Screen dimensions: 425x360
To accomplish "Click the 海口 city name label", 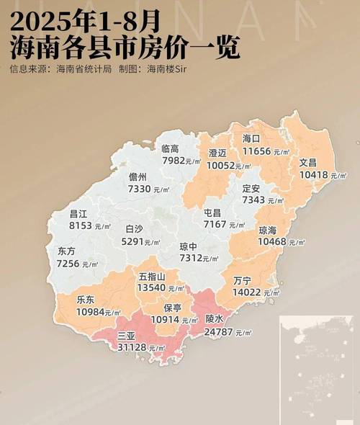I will point(251,139).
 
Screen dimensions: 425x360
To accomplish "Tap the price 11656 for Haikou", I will point(258,151).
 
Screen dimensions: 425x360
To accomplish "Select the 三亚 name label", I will point(127,336).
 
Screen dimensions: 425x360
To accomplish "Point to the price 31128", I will point(132,348).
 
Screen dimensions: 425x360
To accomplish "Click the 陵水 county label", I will point(215,318).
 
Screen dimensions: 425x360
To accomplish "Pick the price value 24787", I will point(220,332).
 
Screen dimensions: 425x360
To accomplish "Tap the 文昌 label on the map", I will point(307,163).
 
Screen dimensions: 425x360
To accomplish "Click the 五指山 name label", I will point(152,276).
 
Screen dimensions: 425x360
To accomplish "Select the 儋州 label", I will point(138,176).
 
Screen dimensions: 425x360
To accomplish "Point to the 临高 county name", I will point(171,148).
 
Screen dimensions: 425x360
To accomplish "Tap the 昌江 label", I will point(78,214).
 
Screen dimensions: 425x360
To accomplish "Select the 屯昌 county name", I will point(212,213).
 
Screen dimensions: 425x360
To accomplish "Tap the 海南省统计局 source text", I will point(84,70).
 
